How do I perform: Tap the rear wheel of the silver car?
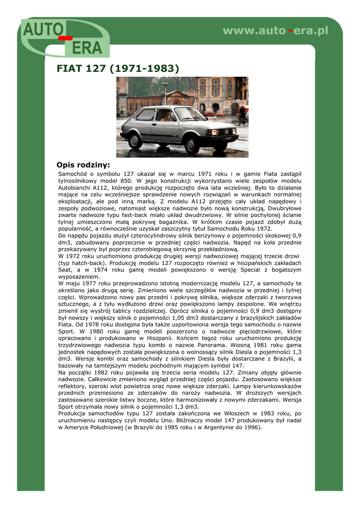135,140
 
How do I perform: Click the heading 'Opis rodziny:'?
83,165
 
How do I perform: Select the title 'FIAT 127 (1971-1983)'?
118,68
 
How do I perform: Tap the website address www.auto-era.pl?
276,31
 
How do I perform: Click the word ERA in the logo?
87,48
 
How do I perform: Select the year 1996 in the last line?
251,427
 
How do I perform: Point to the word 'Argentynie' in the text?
215,427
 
